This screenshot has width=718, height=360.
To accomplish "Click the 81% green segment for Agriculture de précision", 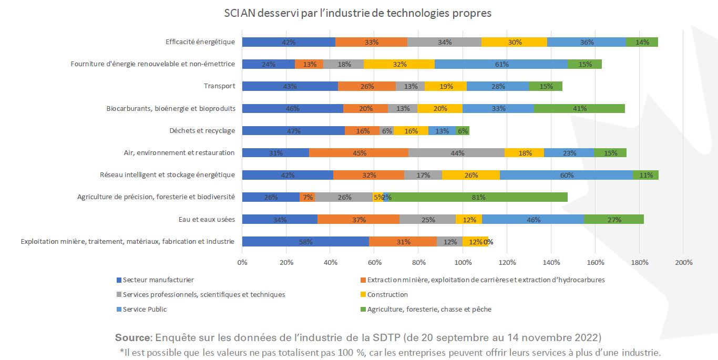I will pos(478,197).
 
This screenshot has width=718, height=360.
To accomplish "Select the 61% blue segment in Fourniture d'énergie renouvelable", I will pos(501,64).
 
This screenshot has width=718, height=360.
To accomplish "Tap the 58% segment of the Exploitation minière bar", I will pos(305,242).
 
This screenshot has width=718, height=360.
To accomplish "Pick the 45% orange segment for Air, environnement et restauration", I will pos(358,153).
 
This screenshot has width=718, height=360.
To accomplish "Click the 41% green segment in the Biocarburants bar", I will pos(579,109).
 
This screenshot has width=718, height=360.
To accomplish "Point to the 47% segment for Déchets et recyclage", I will pos(293,131).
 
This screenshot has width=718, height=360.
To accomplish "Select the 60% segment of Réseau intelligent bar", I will pos(567,175).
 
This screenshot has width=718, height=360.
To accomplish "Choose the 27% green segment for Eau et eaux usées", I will pos(614,220).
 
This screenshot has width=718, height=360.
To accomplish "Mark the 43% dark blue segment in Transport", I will pos(290,86).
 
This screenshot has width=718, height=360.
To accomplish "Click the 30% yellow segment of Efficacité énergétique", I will pos(514,42).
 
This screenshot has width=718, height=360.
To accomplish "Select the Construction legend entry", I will pos(387,295).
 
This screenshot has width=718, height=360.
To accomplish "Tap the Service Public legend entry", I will pos(145,310).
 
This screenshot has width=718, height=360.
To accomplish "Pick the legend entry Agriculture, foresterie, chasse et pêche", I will pos(429,310).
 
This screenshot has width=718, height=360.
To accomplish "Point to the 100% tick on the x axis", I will pos(463,262).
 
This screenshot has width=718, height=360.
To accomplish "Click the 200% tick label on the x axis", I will pos(683,262).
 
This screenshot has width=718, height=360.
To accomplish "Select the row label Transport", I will pos(219,86).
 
